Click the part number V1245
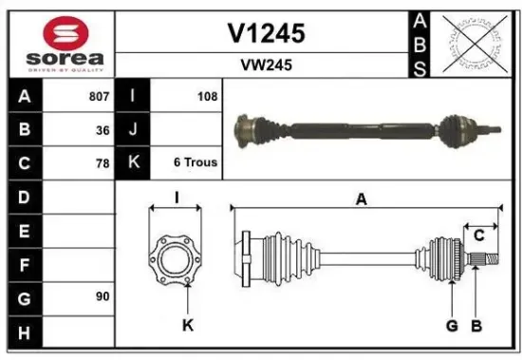(267, 33)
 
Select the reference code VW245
(267, 66)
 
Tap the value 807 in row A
(98, 96)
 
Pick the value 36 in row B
(102, 129)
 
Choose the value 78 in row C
(102, 162)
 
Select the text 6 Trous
(195, 162)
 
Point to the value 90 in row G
(102, 296)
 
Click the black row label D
(23, 197)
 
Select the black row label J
(133, 129)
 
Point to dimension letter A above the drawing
(361, 199)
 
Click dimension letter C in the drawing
(479, 235)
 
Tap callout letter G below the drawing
(452, 326)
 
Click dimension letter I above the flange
(176, 199)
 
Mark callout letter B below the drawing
(476, 326)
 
